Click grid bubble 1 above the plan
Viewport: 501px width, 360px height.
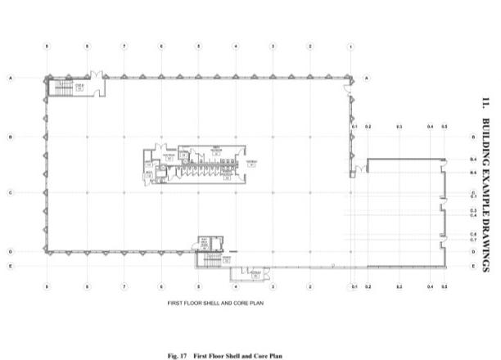click(x=351, y=47)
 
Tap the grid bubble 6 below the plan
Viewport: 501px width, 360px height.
click(x=161, y=287)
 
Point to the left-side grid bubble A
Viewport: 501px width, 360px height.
click(x=11, y=78)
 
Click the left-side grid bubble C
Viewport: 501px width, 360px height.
click(x=11, y=193)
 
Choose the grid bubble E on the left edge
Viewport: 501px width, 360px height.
click(x=11, y=267)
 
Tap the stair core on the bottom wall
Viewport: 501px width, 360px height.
click(x=210, y=260)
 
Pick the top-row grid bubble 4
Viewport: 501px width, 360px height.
click(x=236, y=47)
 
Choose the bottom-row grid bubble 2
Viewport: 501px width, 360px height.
click(x=310, y=287)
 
